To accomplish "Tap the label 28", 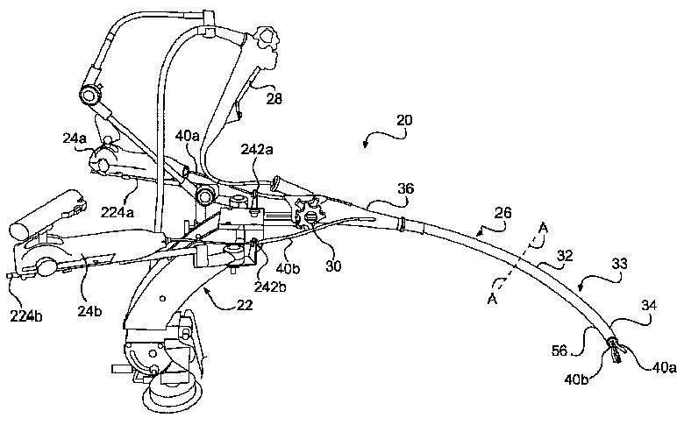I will tap(274, 100).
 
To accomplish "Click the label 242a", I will tap(256, 151).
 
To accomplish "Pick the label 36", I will tap(406, 188).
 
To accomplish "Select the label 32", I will tap(563, 258).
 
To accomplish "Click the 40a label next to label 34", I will tap(662, 369).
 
